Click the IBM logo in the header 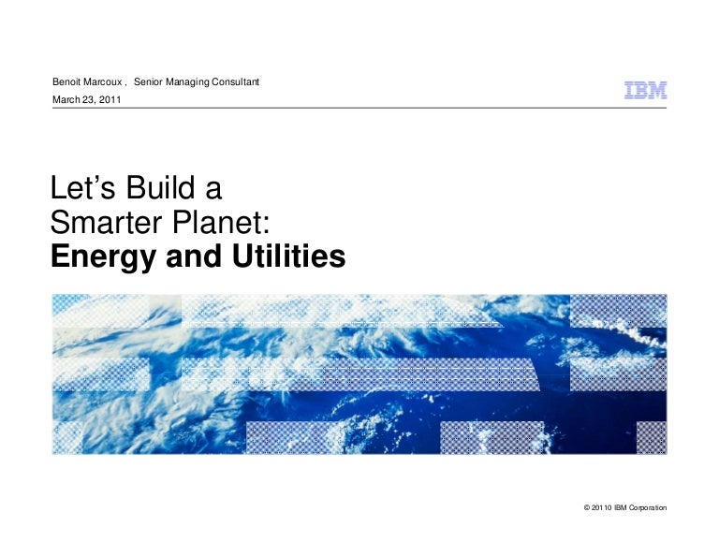click(x=645, y=90)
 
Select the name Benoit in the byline click(x=66, y=81)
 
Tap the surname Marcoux click(x=103, y=81)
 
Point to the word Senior click(x=148, y=81)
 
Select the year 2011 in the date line click(x=110, y=99)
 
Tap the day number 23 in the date click(x=88, y=100)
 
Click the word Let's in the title click(x=82, y=187)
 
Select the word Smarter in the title click(x=107, y=223)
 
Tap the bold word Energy click(x=103, y=257)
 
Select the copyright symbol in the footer click(x=586, y=507)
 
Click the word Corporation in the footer click(x=648, y=508)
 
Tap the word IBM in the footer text click(x=621, y=507)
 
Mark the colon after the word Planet click(x=266, y=226)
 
